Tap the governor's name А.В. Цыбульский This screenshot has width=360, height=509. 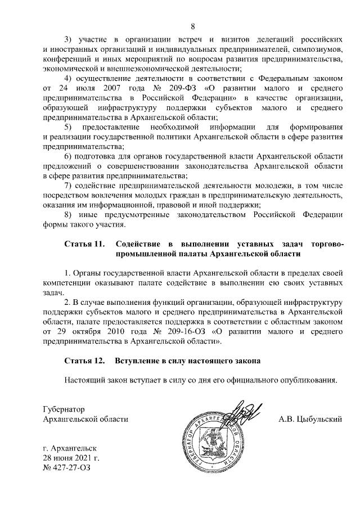tap(310, 418)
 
